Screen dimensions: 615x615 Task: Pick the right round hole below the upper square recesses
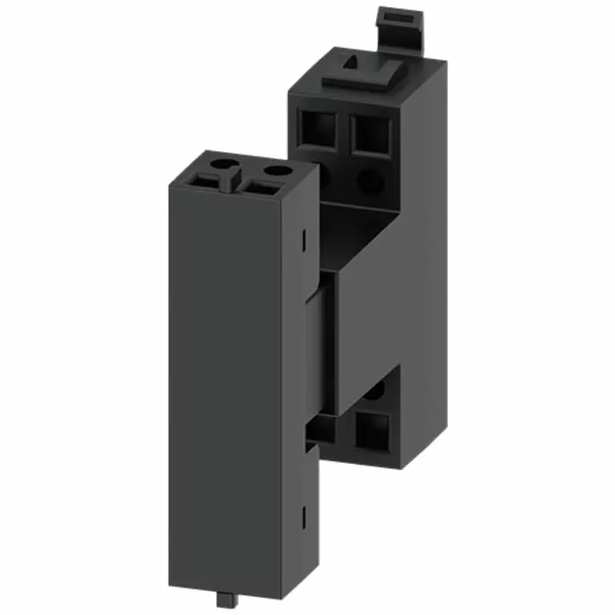point(369,182)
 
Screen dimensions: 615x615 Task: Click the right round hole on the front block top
point(277,170)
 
